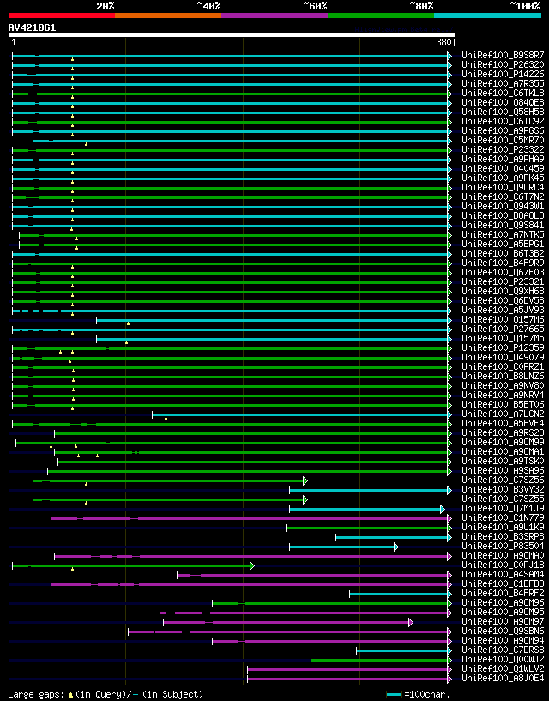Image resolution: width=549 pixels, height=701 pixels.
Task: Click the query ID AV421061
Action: [x=32, y=27]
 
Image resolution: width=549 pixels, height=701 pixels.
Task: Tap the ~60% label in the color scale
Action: [x=315, y=6]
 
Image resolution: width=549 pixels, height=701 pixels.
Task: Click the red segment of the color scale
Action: [x=61, y=15]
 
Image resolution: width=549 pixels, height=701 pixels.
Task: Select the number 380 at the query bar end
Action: [x=443, y=42]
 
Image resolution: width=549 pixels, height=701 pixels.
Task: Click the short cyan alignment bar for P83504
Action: [x=342, y=547]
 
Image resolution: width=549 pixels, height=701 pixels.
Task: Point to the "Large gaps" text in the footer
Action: [x=34, y=693]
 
